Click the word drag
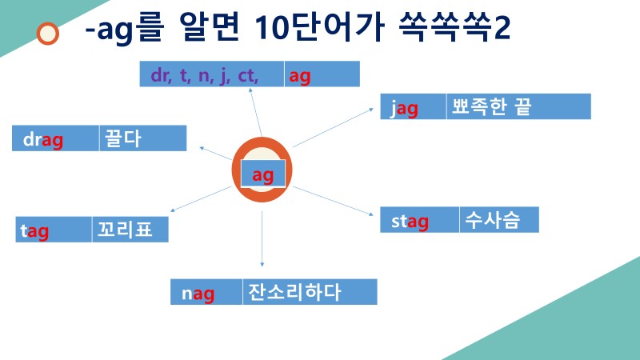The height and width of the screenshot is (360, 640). pos(43,140)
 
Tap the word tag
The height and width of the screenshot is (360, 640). pos(34,231)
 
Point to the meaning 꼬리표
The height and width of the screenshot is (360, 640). pos(120,230)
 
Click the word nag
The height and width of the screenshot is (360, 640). pos(198,294)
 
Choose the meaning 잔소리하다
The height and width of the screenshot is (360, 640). pos(294,292)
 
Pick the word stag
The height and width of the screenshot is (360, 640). pos(410,221)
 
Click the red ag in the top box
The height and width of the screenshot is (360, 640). pos(300,75)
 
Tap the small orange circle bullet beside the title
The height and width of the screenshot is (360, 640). pos(49,33)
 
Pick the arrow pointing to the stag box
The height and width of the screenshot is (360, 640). pos(332,201)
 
